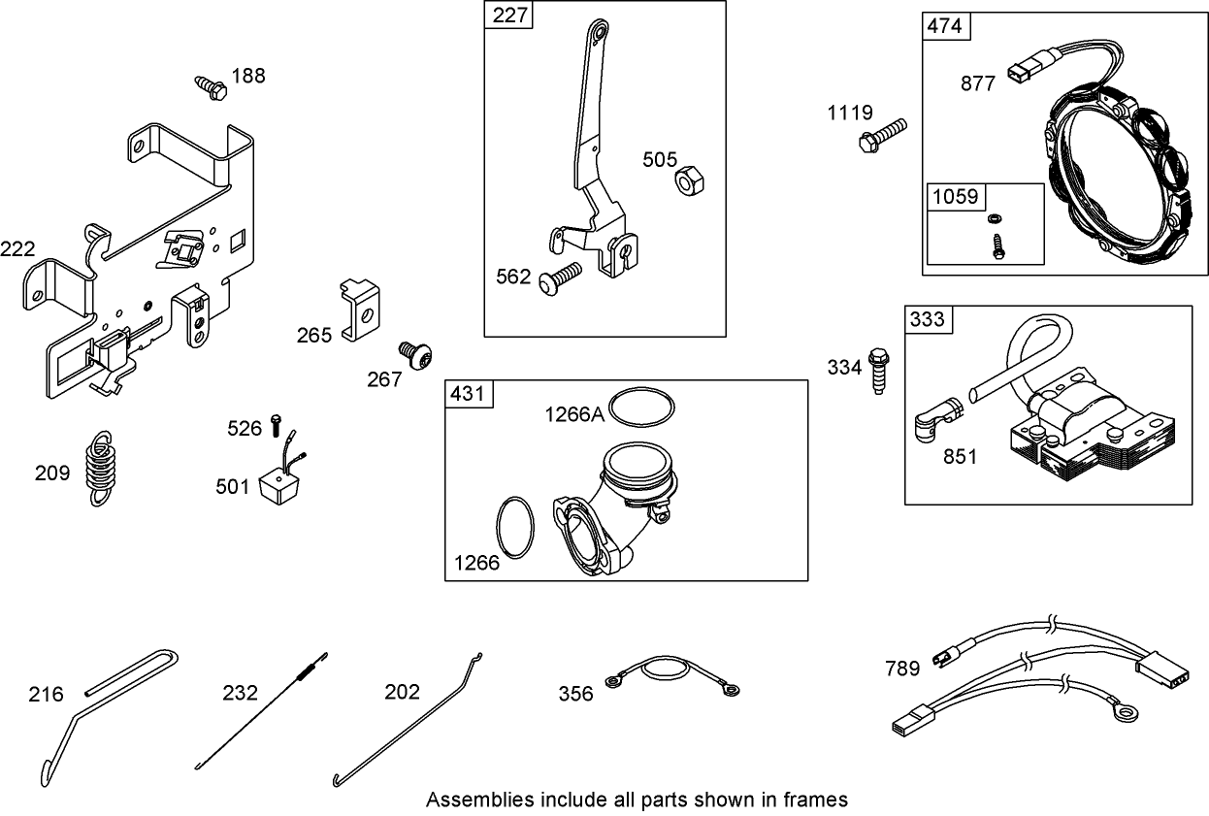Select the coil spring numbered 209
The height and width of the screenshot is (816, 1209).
click(x=98, y=468)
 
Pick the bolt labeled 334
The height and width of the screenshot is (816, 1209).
click(x=879, y=369)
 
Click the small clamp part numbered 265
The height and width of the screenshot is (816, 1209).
click(x=360, y=309)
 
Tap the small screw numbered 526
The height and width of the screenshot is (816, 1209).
click(x=276, y=424)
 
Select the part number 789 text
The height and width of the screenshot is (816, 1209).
click(x=903, y=669)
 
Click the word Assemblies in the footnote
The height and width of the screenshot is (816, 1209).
click(x=479, y=800)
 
